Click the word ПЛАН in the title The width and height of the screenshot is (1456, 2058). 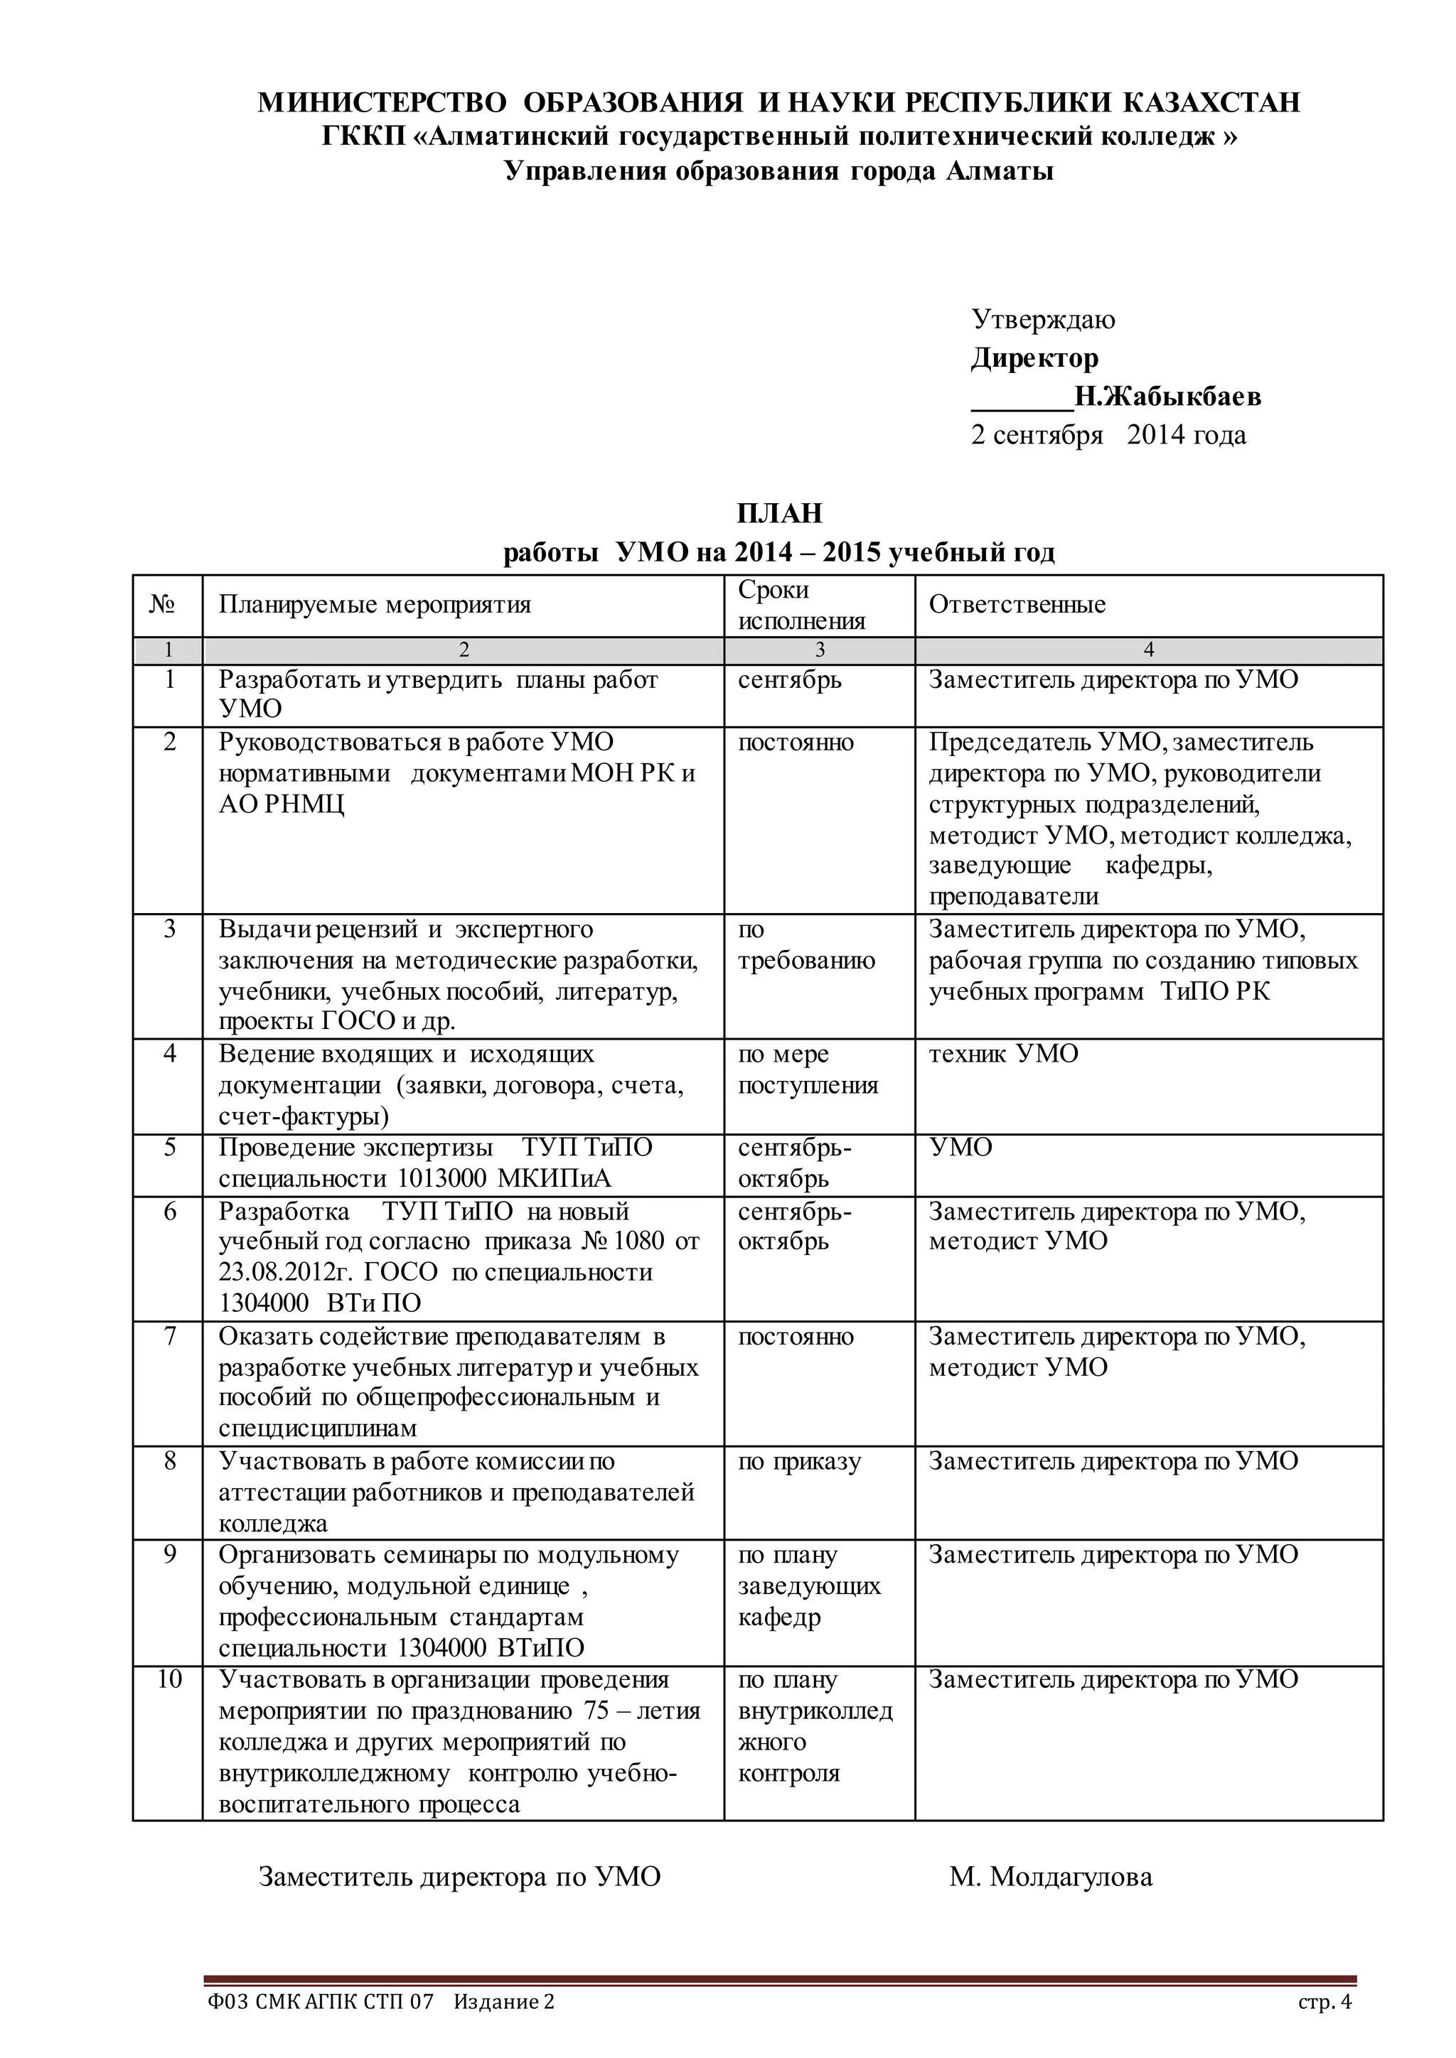coord(779,514)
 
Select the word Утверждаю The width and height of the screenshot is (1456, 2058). coord(1044,319)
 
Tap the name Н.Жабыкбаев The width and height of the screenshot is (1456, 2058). coord(1167,397)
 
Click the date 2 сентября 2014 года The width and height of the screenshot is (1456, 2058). coord(1108,435)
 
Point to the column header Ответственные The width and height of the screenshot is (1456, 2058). coord(1017,604)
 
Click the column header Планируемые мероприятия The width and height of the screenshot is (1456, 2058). coord(375,604)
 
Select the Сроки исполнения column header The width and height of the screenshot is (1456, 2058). coord(801,605)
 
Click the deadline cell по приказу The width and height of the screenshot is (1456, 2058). coord(799,1461)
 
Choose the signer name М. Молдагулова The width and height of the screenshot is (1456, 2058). coord(1051,1876)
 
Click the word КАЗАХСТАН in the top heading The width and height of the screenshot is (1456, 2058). coord(1211,102)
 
